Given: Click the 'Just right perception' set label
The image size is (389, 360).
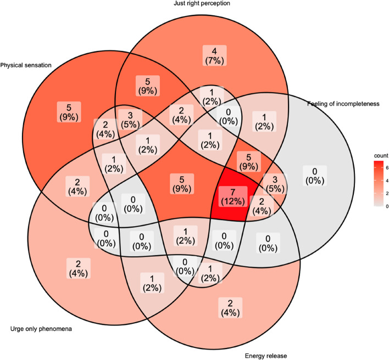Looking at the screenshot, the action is pos(202,3).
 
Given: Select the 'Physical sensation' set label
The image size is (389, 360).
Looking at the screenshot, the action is pos(26,65).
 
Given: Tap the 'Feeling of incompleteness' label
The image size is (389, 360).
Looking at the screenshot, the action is pos(343,104).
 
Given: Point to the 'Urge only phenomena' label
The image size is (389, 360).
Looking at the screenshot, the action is pos(41,329).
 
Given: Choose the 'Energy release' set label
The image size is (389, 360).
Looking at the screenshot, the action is pos(266,356).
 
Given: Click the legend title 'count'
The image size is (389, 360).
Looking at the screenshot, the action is pos(381,156).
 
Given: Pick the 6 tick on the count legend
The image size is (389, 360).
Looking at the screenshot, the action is pos(387,168).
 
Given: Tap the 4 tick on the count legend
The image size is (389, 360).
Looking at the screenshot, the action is pos(387,181).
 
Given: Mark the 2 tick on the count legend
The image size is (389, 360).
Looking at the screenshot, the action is pos(387,193).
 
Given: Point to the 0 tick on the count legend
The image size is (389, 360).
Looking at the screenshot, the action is pos(387,206).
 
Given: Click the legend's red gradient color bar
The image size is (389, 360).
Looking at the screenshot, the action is pos(379,183).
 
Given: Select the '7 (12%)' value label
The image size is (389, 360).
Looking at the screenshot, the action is pos(233,196).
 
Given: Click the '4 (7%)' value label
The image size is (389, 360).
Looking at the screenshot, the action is pos(215,55).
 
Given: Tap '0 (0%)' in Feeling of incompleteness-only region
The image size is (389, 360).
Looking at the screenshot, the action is pos(315,176).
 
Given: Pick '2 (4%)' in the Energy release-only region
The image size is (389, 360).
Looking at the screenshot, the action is pos(230,307).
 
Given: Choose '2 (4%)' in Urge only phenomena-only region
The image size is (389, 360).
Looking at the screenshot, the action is pos(79,268).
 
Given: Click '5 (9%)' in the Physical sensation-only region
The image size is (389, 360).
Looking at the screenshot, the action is pos(69,112).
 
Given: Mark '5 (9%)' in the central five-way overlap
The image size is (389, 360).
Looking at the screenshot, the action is pos(182,184).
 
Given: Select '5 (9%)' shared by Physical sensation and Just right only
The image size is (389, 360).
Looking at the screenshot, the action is pos(148,86).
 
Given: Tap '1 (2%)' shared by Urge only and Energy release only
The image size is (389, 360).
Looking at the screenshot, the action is pos(152,283).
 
